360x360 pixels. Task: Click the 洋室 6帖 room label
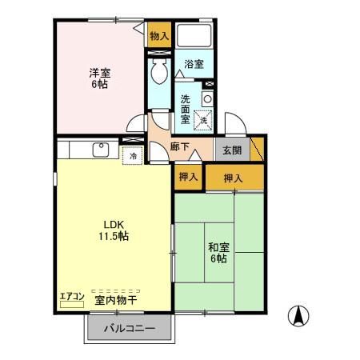click(x=99, y=77)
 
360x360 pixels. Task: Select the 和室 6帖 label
click(x=218, y=252)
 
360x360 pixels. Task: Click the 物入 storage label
click(x=159, y=36)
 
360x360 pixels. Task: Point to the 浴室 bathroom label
click(x=194, y=63)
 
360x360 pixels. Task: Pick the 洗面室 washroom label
click(x=185, y=109)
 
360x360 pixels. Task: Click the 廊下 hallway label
click(x=181, y=148)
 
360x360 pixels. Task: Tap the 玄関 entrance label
click(x=232, y=148)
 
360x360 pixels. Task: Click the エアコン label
click(x=72, y=297)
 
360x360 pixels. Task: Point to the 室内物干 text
click(x=115, y=301)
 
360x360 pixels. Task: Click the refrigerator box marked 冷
click(x=133, y=155)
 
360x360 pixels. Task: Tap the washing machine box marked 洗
click(x=204, y=119)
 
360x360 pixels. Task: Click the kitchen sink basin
click(x=101, y=150)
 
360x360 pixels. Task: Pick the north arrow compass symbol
click(x=298, y=315)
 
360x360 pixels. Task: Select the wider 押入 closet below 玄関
click(x=233, y=178)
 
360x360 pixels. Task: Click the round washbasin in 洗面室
click(x=207, y=98)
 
